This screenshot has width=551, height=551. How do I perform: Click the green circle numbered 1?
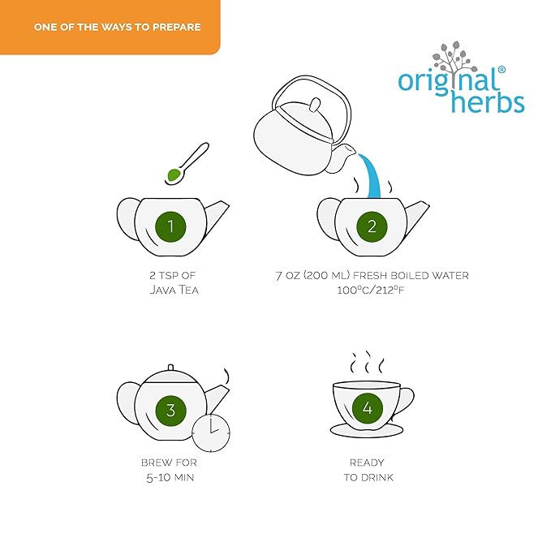[x=170, y=226]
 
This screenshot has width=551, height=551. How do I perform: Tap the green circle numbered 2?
[x=372, y=226]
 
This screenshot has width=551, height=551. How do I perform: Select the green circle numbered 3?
[x=170, y=410]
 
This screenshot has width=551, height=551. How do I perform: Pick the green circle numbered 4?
[x=368, y=408]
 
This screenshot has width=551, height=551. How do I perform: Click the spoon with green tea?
[x=187, y=164]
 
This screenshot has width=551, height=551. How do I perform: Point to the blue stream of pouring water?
[x=372, y=176]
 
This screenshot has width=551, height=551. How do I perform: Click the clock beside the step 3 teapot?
[x=211, y=433]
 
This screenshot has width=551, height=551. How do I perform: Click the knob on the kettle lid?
[x=315, y=105]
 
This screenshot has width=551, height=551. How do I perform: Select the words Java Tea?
[x=174, y=290]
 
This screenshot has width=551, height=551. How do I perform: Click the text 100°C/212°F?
[x=371, y=291]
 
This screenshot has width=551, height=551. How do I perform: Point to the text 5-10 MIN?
[x=170, y=477]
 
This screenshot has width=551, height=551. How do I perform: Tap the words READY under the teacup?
[x=367, y=463]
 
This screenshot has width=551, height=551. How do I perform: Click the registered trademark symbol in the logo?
[x=501, y=70]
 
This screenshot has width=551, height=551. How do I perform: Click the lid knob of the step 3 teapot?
[x=170, y=368]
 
